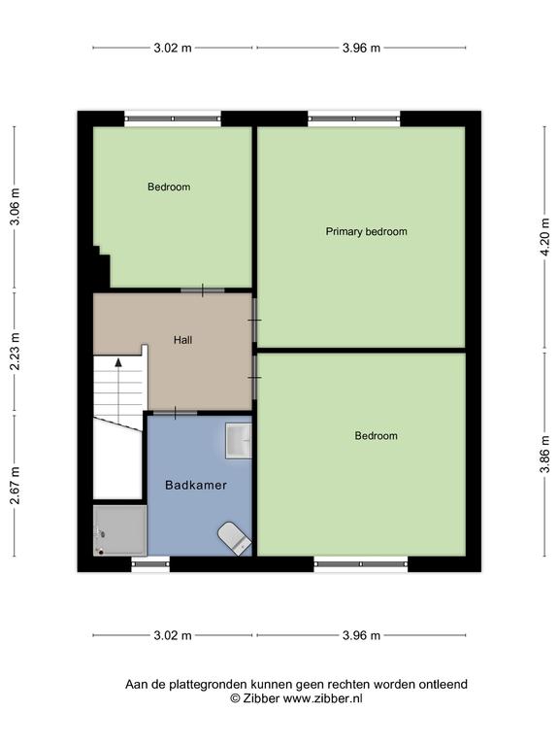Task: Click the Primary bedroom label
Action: [366, 232]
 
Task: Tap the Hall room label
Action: [182, 340]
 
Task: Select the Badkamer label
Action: [196, 485]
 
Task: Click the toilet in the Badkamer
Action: [234, 538]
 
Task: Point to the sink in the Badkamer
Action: [238, 441]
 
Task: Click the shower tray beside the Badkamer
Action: [119, 530]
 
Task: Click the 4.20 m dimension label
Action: [544, 237]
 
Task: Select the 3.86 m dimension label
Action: [544, 455]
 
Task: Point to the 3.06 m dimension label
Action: [15, 207]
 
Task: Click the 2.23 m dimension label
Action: [15, 351]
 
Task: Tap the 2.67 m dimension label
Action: [15, 485]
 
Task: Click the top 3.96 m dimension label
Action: [361, 48]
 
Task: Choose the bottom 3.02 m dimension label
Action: [173, 635]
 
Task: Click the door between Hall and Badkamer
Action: [175, 413]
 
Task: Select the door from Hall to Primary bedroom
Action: [255, 320]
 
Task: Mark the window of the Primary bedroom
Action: [354, 119]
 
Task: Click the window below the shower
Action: [150, 563]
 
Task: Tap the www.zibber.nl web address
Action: [323, 698]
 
